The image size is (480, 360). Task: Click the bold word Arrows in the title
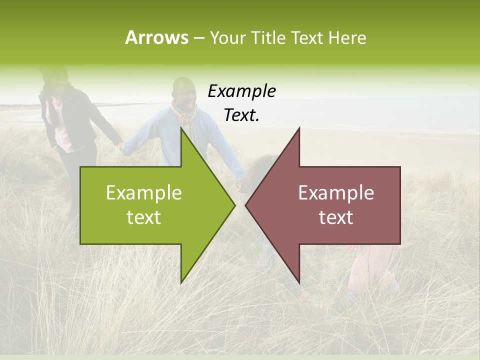click(x=156, y=37)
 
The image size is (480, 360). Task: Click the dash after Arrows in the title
click(x=198, y=38)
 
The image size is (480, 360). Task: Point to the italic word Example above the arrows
click(x=241, y=91)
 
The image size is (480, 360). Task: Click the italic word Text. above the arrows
click(x=241, y=115)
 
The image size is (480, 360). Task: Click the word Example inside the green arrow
click(x=143, y=193)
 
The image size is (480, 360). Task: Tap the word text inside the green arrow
click(x=143, y=217)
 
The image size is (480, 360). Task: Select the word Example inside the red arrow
click(x=336, y=193)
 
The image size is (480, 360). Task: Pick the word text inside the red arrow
click(x=336, y=217)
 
